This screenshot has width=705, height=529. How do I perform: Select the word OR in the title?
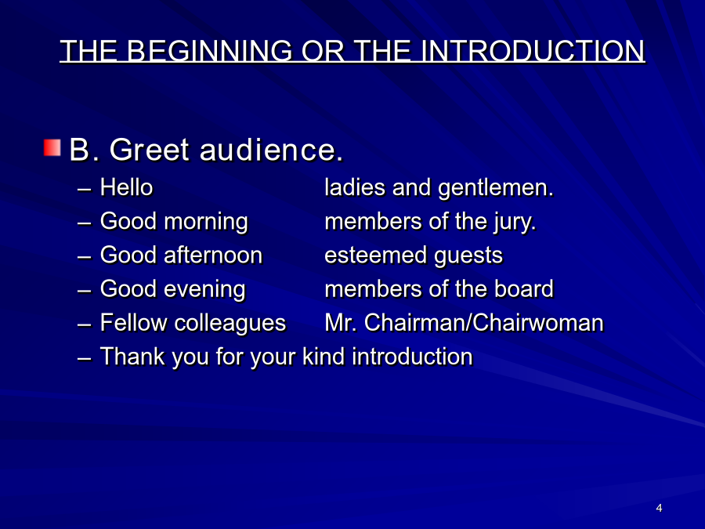pos(323,50)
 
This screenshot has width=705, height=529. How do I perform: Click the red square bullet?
pos(52,147)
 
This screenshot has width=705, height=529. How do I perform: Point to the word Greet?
pos(150,150)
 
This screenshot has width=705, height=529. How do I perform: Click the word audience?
pos(271,150)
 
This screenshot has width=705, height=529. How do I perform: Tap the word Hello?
pos(126,187)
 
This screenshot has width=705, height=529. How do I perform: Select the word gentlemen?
pos(496,188)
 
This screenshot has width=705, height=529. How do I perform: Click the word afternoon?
pos(213,255)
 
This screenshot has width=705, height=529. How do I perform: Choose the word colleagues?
pos(230,324)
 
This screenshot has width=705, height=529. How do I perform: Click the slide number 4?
pos(659,508)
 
